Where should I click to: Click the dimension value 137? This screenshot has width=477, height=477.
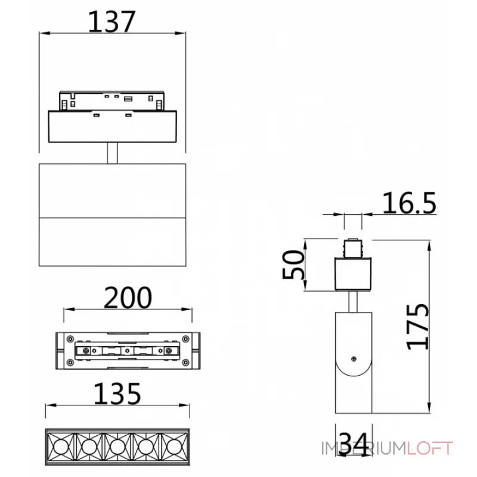tap(112, 22)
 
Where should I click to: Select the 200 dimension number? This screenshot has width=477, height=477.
tap(128, 298)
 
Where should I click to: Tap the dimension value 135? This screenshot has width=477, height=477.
tap(117, 394)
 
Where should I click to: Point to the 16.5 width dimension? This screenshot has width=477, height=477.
tap(409, 203)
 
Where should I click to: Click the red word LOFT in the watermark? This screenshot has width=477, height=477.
tap(430, 448)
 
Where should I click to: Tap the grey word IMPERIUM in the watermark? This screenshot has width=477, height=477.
tap(364, 448)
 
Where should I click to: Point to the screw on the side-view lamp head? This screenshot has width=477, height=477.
tap(355, 358)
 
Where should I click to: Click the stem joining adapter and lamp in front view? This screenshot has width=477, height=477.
tap(112, 153)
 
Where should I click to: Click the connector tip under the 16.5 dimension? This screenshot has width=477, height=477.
tap(354, 246)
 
